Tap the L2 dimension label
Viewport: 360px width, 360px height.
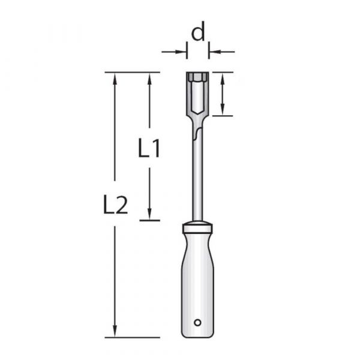(114, 205)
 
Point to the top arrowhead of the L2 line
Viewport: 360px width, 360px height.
(114, 78)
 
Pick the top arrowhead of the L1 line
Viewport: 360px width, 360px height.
(149, 78)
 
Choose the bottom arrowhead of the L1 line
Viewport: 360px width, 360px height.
(149, 215)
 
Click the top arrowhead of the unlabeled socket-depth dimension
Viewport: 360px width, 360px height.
(223, 78)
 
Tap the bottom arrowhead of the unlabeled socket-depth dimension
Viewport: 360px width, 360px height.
(223, 110)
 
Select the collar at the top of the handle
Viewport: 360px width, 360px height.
(197, 228)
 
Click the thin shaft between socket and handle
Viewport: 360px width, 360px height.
(197, 180)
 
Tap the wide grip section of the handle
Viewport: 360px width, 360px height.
(197, 282)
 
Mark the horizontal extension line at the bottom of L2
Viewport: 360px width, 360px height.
(132, 337)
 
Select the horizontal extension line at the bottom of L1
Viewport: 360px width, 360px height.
(149, 220)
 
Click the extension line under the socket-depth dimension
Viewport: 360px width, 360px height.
(223, 115)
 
